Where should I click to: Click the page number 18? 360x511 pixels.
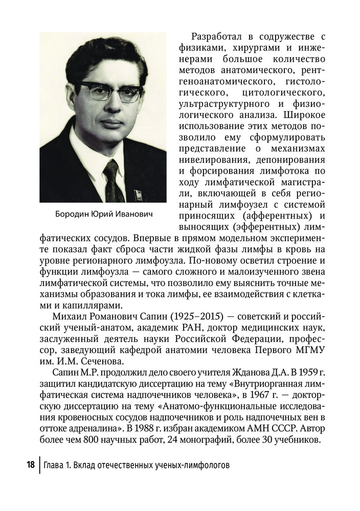coord(30,465)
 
